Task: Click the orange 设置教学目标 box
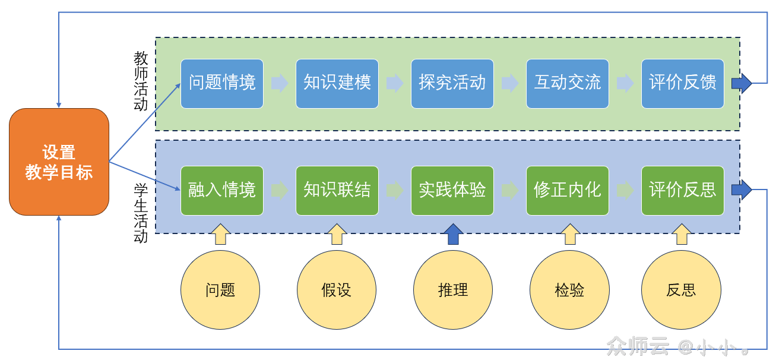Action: point(59,162)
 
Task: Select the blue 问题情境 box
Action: point(221,83)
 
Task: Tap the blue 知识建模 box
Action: point(337,83)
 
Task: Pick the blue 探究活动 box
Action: point(452,83)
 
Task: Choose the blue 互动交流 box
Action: point(567,83)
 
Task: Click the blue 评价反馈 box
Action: point(682,83)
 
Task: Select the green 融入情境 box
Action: point(221,190)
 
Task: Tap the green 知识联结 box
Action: point(337,190)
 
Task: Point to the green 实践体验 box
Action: point(452,190)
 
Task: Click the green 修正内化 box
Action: point(567,190)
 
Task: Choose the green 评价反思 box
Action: point(682,190)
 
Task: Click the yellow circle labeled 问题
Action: point(220,290)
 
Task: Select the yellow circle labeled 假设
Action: point(337,290)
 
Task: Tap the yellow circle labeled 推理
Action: point(453,290)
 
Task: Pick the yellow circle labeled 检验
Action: point(569,290)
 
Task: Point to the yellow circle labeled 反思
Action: point(681,290)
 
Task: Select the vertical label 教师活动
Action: point(141,81)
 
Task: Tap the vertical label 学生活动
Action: point(141,213)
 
